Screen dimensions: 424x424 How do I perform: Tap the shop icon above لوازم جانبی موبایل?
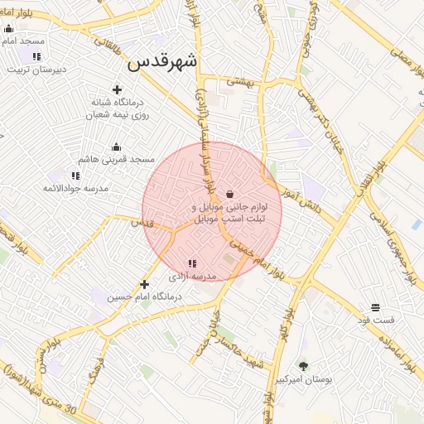229,193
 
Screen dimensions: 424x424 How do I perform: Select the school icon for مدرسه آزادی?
192,263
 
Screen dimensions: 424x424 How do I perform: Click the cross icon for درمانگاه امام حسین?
144,284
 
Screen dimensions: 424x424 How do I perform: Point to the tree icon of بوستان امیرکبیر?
303,365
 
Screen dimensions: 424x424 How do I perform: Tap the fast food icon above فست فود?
375,307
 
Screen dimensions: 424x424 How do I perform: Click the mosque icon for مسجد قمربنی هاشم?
116,147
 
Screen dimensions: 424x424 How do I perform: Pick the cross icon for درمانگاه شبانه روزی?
117,89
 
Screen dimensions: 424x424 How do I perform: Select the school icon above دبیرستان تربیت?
36,56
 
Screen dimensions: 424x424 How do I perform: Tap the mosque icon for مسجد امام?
8,28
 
